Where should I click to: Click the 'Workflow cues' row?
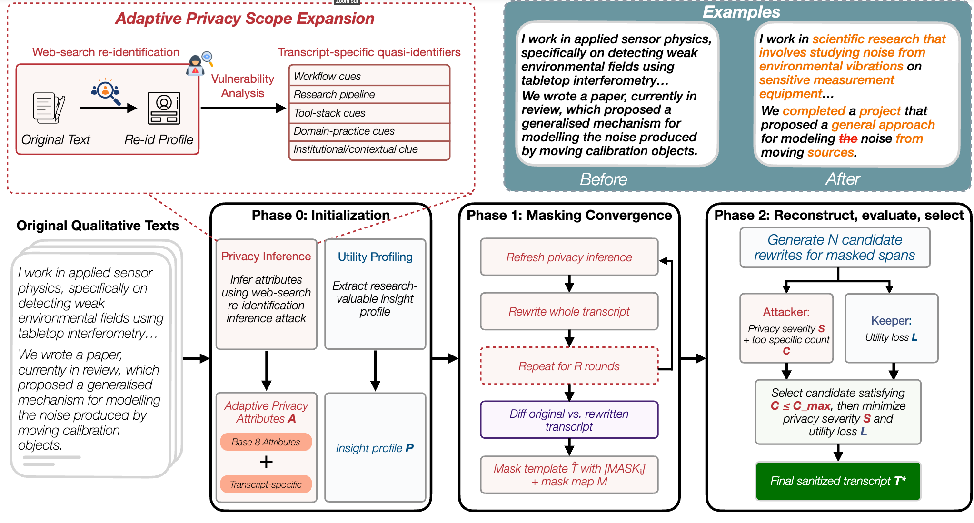(x=369, y=76)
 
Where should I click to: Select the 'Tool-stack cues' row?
(x=369, y=113)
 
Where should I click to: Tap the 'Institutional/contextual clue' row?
(x=369, y=150)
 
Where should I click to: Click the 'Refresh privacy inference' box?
(x=569, y=257)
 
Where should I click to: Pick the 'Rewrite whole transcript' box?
(x=569, y=311)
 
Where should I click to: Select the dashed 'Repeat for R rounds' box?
(x=569, y=366)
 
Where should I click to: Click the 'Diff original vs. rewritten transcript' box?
(x=569, y=420)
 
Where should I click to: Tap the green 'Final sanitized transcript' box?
(x=838, y=481)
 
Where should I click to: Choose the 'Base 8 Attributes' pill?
(x=266, y=442)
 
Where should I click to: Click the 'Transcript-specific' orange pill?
(x=266, y=484)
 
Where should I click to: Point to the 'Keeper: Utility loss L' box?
(x=891, y=328)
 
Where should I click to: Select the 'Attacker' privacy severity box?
(x=786, y=328)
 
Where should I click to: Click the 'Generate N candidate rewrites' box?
(x=835, y=247)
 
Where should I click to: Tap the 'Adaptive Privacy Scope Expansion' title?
(x=245, y=19)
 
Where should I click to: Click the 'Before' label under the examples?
(x=603, y=179)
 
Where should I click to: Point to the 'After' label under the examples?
(x=843, y=179)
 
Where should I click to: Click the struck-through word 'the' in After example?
(x=848, y=138)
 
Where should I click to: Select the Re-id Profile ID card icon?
(x=164, y=108)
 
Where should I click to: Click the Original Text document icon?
(x=49, y=108)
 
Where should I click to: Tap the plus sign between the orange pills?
(x=266, y=462)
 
